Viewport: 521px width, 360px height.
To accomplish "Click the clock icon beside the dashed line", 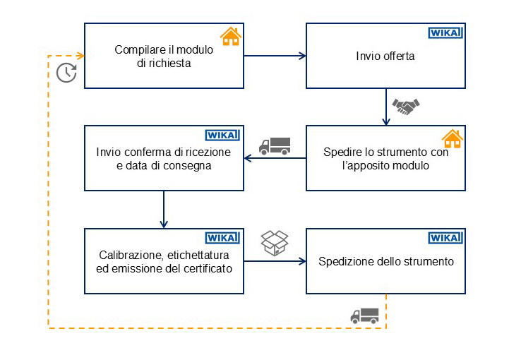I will (x=66, y=73).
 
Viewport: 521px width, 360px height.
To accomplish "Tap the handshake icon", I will (x=406, y=107).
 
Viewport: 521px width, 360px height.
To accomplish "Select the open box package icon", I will (x=274, y=241).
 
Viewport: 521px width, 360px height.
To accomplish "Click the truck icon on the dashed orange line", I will (x=364, y=315).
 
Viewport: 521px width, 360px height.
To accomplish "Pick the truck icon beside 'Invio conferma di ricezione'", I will (x=275, y=145).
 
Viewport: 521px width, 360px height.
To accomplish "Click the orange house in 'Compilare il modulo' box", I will (x=229, y=37).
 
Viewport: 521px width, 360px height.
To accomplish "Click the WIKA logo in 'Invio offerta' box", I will (x=445, y=32).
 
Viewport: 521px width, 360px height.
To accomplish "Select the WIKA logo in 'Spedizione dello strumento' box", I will (x=445, y=238).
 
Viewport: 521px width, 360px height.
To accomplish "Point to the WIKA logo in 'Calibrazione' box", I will (x=222, y=238).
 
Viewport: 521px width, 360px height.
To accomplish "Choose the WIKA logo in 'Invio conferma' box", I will (x=222, y=136).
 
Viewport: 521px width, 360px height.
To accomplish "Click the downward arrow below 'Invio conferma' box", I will (x=163, y=209).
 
